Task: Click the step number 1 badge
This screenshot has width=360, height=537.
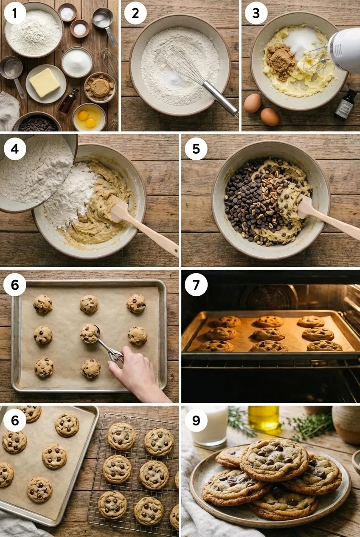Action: point(15,13)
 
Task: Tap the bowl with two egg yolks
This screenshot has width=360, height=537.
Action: point(89,118)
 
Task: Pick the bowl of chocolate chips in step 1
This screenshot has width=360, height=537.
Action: point(37,123)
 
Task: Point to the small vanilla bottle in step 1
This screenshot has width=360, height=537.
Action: point(68,101)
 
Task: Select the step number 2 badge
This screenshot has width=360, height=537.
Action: point(135,13)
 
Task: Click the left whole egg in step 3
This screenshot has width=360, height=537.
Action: point(253,103)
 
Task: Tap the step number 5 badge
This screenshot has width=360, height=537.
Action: point(196,149)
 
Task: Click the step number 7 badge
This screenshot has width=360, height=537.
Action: point(196,285)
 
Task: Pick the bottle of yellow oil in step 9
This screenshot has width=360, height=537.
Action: point(264,417)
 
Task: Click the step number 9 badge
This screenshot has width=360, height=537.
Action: point(196,420)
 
